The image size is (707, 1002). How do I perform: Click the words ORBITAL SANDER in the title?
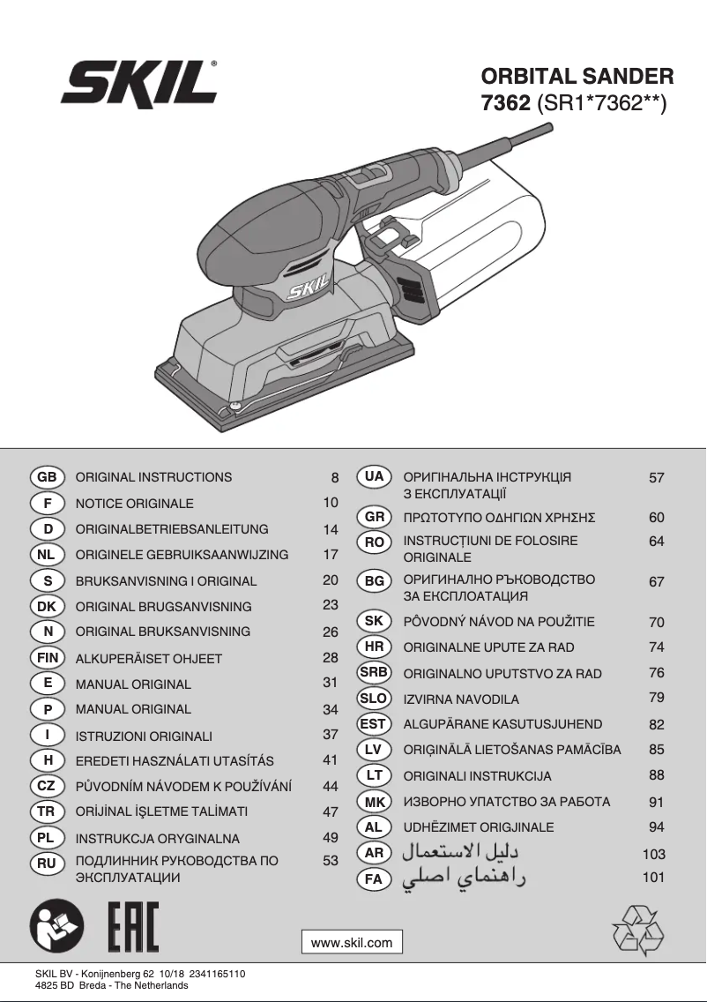click(577, 77)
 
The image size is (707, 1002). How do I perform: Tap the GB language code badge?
click(48, 477)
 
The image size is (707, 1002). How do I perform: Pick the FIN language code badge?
click(48, 658)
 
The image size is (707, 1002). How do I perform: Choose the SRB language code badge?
click(374, 672)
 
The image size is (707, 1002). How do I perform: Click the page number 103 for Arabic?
click(653, 854)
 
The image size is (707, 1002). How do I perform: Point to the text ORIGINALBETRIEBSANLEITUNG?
click(172, 529)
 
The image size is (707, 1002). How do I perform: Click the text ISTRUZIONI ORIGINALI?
click(144, 736)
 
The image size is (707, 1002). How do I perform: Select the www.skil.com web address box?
click(352, 942)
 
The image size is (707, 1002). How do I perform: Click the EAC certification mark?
click(133, 928)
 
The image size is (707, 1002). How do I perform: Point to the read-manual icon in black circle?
click(56, 928)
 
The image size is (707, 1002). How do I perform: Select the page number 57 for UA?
click(656, 477)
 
